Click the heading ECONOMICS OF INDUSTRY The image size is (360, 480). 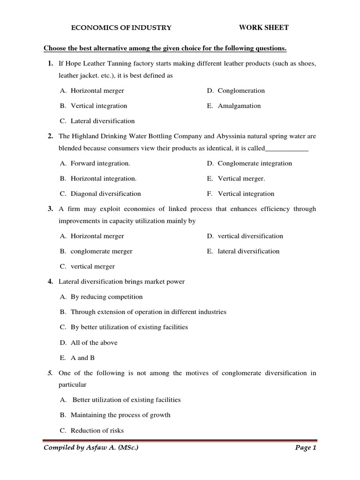point(121,28)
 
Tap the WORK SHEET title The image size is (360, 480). point(264,28)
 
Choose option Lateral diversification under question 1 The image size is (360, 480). point(102,121)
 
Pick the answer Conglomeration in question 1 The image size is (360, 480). point(241,90)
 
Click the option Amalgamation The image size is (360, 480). point(239,106)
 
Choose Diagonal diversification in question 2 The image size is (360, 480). point(105,194)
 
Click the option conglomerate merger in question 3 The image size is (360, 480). point(101,251)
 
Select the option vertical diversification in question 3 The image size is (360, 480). point(250,236)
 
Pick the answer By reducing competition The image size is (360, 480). point(106,297)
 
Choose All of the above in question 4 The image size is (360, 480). point(94,343)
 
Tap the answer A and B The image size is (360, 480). point(82,358)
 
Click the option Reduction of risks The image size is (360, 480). point(97,430)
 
